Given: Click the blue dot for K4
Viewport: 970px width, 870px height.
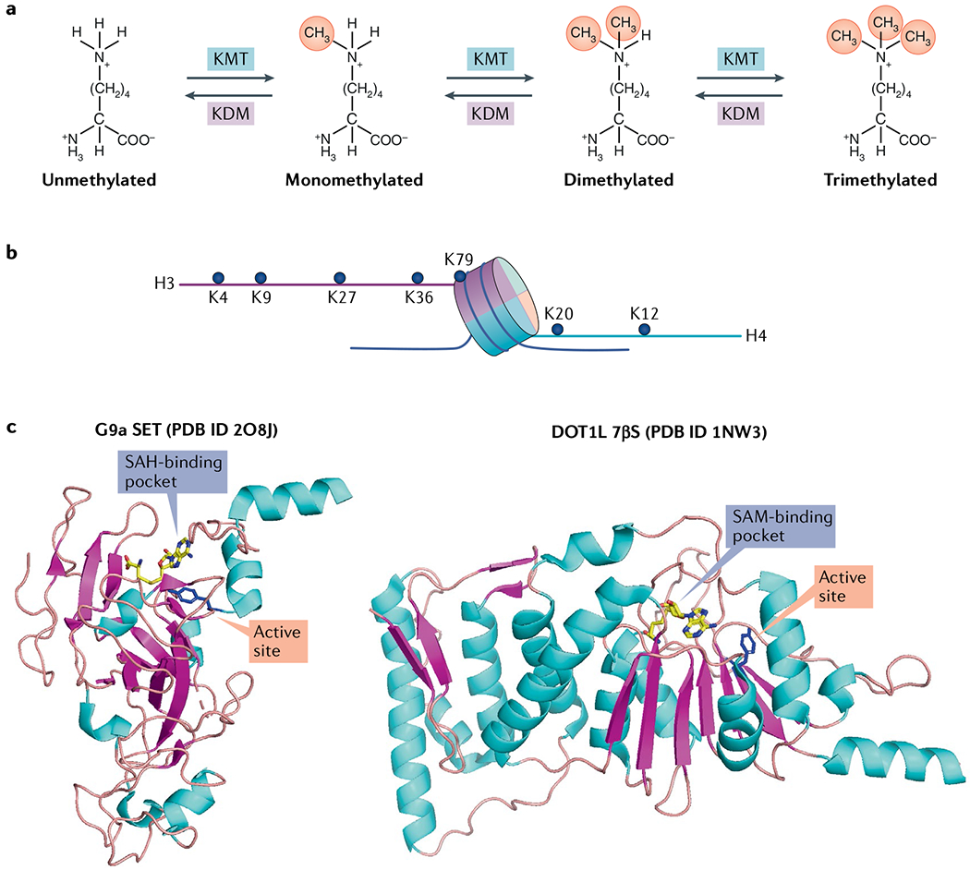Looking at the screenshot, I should pyautogui.click(x=219, y=277).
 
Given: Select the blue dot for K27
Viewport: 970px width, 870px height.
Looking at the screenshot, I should pyautogui.click(x=340, y=277).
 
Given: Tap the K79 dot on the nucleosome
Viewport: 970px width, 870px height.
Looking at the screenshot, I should pyautogui.click(x=460, y=276).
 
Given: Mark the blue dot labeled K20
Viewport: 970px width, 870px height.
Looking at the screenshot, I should pyautogui.click(x=558, y=329).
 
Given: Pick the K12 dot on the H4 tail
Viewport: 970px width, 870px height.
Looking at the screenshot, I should pyautogui.click(x=644, y=329).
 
